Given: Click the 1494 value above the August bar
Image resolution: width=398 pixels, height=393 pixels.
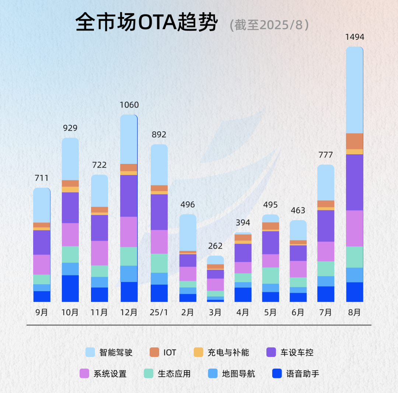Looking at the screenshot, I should point(355,37).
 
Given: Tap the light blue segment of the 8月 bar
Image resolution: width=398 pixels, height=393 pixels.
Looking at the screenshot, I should point(355,90).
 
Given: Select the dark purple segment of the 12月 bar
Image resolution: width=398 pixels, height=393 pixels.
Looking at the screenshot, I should point(129,196).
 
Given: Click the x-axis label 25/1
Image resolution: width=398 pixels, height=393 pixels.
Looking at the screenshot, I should point(159,312).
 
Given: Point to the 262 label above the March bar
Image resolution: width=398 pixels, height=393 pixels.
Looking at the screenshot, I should point(215,246).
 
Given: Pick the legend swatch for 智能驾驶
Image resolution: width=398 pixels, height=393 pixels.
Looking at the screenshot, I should point(90,352).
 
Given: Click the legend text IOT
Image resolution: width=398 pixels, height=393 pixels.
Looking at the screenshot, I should point(170,352).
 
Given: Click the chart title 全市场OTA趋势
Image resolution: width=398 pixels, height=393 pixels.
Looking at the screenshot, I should point(147,23).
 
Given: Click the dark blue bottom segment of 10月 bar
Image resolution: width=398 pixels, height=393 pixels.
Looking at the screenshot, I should point(70,288).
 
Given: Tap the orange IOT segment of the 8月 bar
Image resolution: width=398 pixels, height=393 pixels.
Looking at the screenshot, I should point(355,141).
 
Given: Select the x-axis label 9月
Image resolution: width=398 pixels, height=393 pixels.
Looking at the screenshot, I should point(42,312).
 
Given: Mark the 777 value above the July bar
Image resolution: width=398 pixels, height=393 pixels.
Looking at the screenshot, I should point(326,155).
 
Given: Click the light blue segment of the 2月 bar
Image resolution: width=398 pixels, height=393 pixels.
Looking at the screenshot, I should point(188,232).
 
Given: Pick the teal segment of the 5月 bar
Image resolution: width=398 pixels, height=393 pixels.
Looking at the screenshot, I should point(270,276).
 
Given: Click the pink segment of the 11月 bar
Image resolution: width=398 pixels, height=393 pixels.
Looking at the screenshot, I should point(99,253).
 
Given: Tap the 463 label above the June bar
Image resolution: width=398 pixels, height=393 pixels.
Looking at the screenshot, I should point(298,210).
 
